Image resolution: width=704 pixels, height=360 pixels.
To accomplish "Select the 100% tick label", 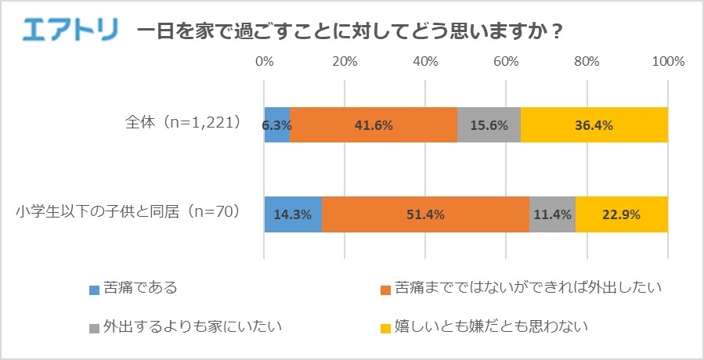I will pyautogui.click(x=669, y=61).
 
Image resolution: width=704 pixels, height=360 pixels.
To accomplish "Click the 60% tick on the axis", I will pyautogui.click(x=506, y=61).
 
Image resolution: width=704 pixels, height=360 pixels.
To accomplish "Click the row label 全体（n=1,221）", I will pyautogui.click(x=182, y=123).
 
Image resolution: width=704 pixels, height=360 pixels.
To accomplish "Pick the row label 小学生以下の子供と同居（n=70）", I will pyautogui.click(x=127, y=211).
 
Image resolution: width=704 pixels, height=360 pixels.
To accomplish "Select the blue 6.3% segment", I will pyautogui.click(x=277, y=124).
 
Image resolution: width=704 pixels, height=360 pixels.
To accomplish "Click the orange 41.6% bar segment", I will pyautogui.click(x=374, y=124).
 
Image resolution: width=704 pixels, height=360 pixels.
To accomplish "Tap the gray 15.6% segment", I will pyautogui.click(x=489, y=124).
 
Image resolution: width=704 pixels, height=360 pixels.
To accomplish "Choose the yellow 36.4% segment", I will pyautogui.click(x=594, y=124).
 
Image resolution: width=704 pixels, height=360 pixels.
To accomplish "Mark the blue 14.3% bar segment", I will pyautogui.click(x=293, y=214).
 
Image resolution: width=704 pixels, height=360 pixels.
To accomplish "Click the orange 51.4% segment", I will pyautogui.click(x=425, y=214).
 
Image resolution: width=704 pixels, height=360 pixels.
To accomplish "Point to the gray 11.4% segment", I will pyautogui.click(x=552, y=214).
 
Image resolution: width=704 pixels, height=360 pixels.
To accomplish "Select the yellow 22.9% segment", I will pyautogui.click(x=622, y=214).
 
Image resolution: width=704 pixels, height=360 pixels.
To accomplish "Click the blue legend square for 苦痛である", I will pyautogui.click(x=94, y=289).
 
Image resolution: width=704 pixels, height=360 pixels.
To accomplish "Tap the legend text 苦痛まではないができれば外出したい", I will pyautogui.click(x=529, y=288).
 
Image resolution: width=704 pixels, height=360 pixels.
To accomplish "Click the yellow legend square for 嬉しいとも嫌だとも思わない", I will pyautogui.click(x=384, y=325).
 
